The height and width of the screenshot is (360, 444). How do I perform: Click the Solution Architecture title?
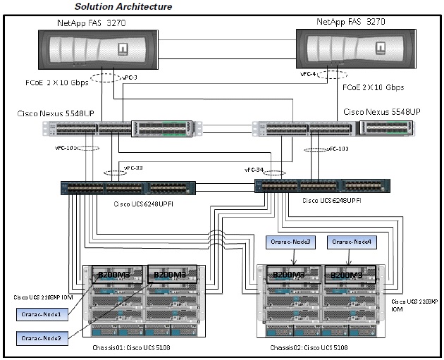pos(124,6)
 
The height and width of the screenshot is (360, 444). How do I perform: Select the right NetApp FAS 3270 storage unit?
pos(349,52)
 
